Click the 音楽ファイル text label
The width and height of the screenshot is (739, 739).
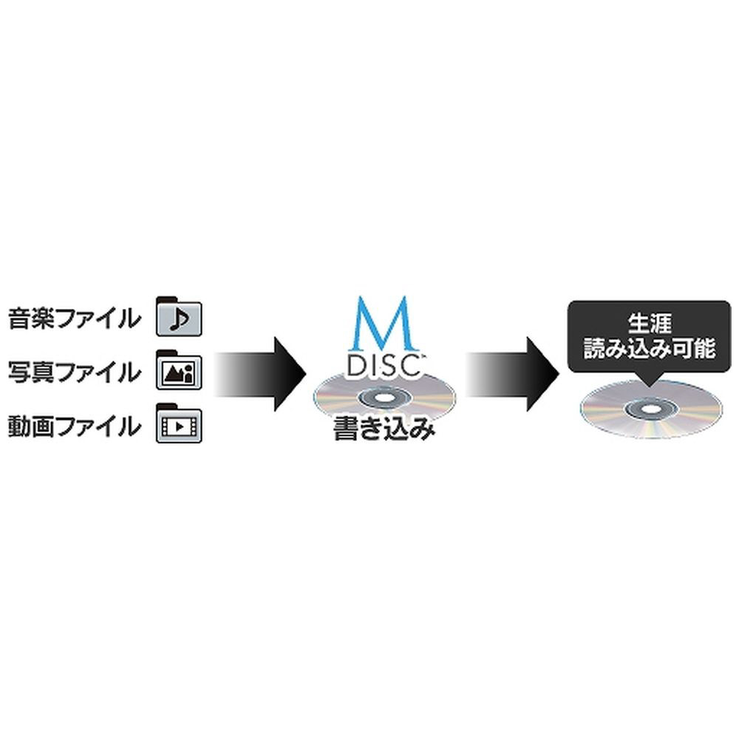(x=75, y=318)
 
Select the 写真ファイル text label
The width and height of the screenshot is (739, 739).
(x=75, y=372)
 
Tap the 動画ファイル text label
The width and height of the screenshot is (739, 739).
(x=75, y=426)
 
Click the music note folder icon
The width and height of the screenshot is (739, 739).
(x=179, y=316)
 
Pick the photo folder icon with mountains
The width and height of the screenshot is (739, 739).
(x=179, y=370)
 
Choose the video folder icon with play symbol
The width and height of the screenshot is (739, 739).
(x=179, y=423)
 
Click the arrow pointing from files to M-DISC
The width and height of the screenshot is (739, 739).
(x=260, y=374)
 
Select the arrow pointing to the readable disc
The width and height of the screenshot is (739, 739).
(x=513, y=374)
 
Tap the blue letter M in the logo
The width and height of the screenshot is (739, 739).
(x=382, y=323)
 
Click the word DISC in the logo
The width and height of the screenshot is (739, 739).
(x=384, y=366)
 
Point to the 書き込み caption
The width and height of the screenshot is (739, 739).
(x=384, y=429)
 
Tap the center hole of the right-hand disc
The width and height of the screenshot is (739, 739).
(x=651, y=409)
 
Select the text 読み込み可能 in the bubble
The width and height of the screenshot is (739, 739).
(x=650, y=348)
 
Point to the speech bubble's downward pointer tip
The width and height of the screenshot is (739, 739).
(x=650, y=387)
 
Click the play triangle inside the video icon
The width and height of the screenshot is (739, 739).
(x=180, y=426)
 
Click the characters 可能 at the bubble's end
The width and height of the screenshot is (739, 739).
(x=694, y=348)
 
